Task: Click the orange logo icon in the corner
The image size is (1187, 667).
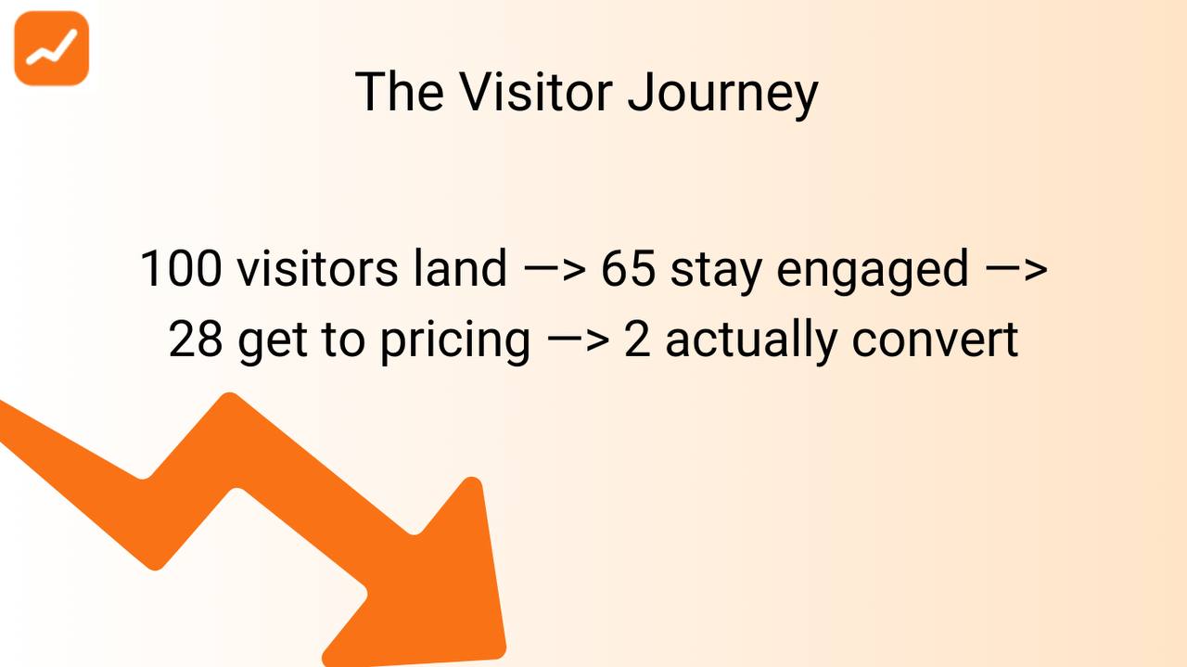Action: [51, 48]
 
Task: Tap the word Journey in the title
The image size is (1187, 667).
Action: [722, 94]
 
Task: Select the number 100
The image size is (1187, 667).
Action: [181, 269]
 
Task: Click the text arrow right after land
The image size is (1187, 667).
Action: [554, 270]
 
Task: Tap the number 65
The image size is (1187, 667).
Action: [628, 269]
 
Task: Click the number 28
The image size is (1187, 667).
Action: [196, 340]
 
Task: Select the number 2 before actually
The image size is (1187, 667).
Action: [637, 340]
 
